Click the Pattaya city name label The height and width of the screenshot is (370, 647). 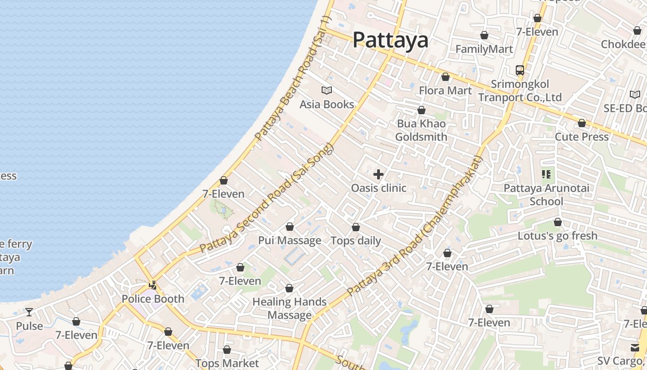pos(391,40)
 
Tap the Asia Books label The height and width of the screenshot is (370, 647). pos(327,105)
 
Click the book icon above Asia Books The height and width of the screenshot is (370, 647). pos(327,90)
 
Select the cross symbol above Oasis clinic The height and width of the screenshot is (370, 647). pos(378,174)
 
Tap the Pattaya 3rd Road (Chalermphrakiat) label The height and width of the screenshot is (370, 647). pos(415,227)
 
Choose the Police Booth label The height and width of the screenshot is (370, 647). pos(153,299)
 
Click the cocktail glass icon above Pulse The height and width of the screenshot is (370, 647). pos(29,312)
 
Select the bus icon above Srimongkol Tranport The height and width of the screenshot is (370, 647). pos(520,70)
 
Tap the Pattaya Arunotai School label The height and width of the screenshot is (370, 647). pos(546,195)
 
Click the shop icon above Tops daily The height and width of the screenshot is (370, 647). pos(356,227)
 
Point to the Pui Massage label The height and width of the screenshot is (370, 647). pos(290,240)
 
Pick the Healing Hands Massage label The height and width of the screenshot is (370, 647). pos(290,308)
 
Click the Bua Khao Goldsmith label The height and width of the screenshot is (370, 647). pos(421,130)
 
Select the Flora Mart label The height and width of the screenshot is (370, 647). pos(446,91)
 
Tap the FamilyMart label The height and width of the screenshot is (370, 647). pos(484,49)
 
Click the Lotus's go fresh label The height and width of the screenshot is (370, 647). pos(557,236)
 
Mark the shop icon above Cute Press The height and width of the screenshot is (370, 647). pos(582,123)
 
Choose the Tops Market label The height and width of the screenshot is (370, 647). pos(227,364)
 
